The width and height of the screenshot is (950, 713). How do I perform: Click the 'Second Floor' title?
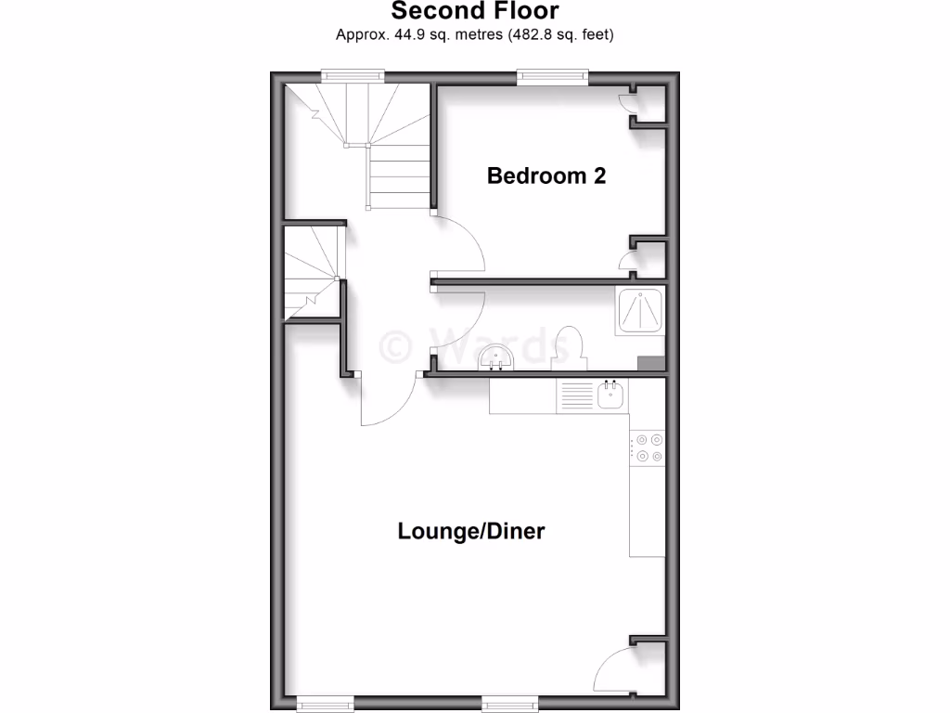click(x=474, y=12)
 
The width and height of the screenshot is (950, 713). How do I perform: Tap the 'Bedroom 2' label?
click(x=546, y=175)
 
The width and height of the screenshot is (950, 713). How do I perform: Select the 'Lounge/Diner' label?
click(x=470, y=532)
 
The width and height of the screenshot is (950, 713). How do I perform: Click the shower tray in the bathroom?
click(x=640, y=310)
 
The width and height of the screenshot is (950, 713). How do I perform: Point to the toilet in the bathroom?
click(x=568, y=345)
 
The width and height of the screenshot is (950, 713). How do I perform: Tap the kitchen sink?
click(x=610, y=396)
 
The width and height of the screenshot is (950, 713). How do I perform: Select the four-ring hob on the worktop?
click(x=648, y=447)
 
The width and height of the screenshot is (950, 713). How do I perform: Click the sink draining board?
click(x=575, y=397)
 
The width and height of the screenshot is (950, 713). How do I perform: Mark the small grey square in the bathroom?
click(x=650, y=363)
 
